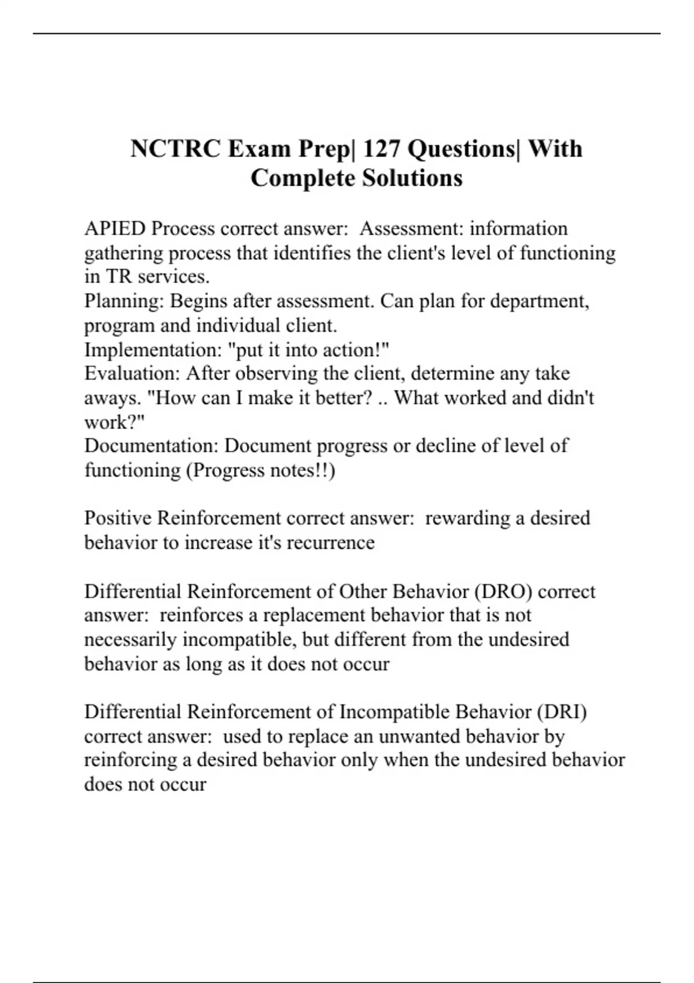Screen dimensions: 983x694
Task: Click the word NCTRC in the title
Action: (174, 149)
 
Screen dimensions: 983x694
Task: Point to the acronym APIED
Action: (115, 228)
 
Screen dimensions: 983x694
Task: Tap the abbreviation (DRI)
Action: (562, 712)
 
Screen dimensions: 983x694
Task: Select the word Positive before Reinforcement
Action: (118, 518)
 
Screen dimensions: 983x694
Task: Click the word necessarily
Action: (130, 640)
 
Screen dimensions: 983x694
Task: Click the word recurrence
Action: (331, 542)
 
